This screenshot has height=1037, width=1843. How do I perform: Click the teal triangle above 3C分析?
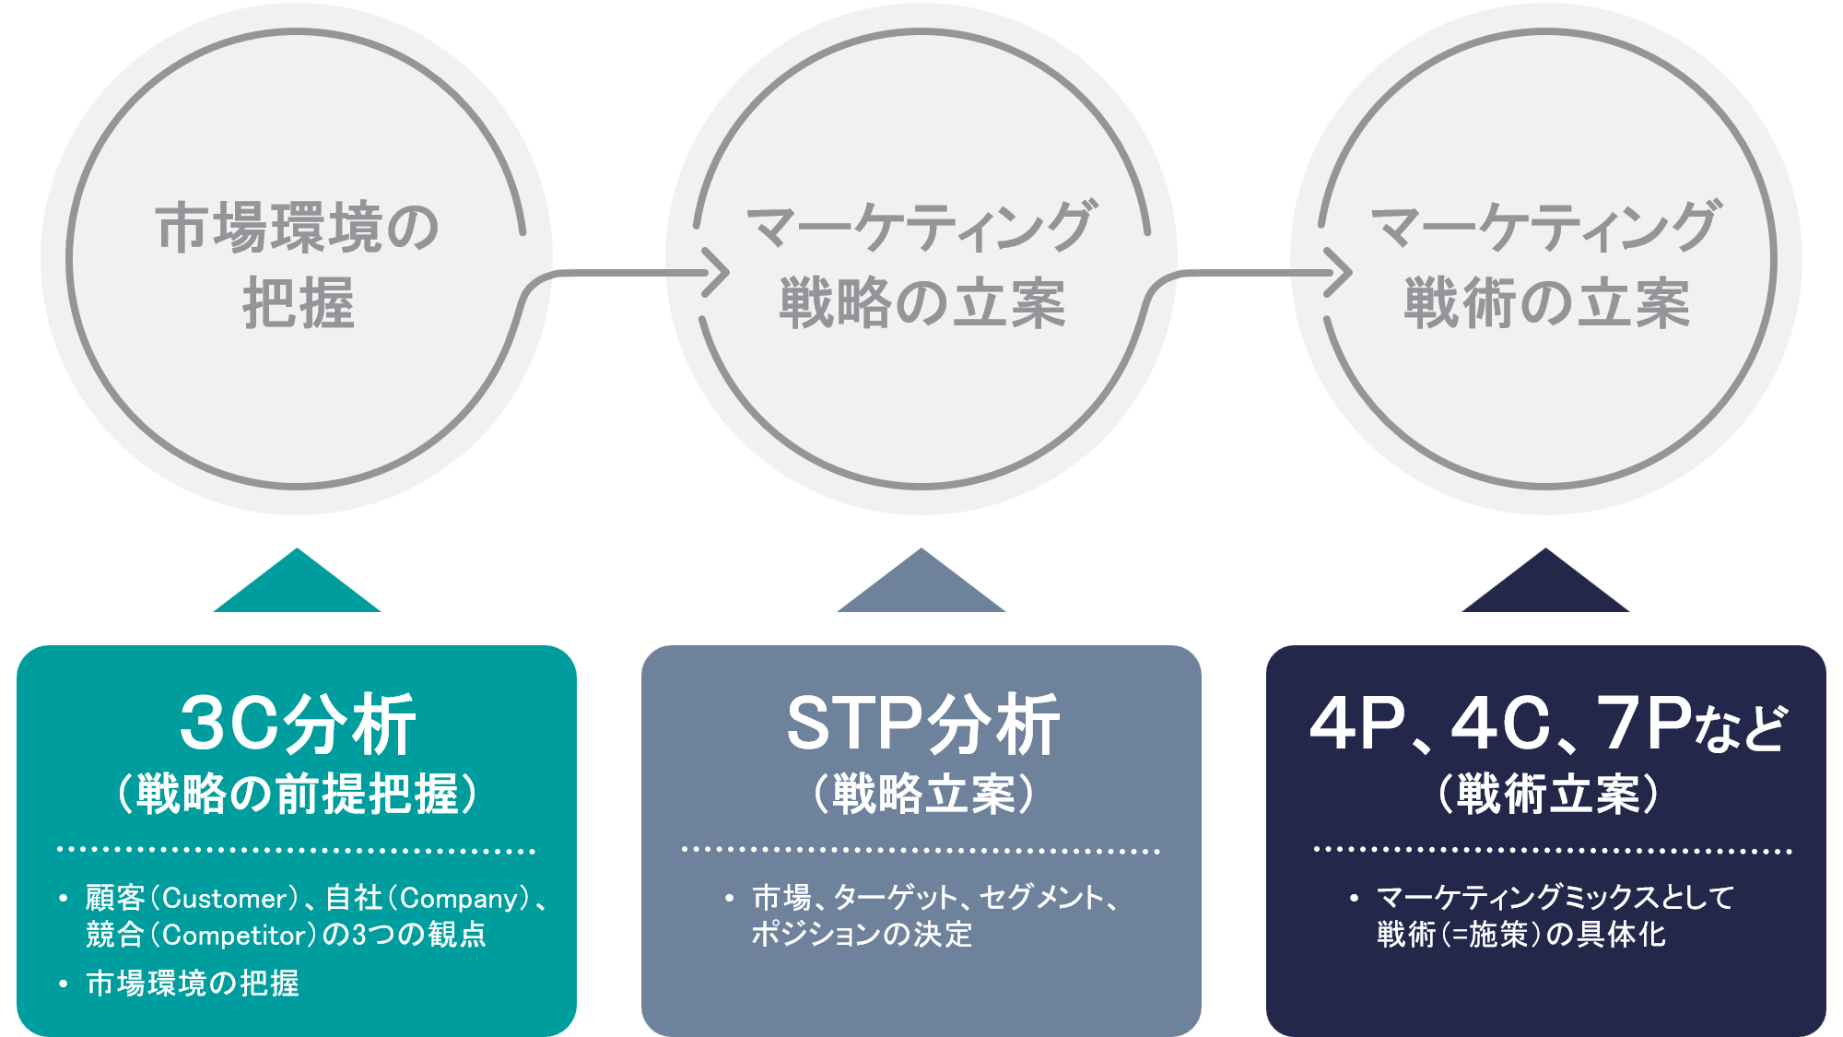pyautogui.click(x=297, y=586)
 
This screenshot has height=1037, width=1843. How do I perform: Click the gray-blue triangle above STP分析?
pyautogui.click(x=921, y=586)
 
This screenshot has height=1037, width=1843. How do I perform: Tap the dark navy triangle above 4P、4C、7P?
pyautogui.click(x=1545, y=586)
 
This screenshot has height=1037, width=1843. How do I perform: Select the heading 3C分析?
pyautogui.click(x=297, y=725)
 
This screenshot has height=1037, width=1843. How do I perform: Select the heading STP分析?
pyautogui.click(x=921, y=725)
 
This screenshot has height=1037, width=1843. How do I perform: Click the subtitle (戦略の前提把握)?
pyautogui.click(x=297, y=794)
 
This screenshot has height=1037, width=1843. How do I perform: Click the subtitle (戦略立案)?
pyautogui.click(x=921, y=794)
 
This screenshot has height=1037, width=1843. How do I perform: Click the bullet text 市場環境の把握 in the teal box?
pyautogui.click(x=193, y=984)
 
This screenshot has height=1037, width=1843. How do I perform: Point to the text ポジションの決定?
pyautogui.click(x=862, y=935)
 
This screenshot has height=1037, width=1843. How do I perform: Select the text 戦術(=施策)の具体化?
pyautogui.click(x=1521, y=935)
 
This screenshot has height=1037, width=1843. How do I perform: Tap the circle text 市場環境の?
pyautogui.click(x=297, y=228)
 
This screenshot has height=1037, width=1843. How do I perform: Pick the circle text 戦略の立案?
pyautogui.click(x=921, y=304)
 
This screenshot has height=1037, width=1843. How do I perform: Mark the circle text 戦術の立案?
pyautogui.click(x=1546, y=304)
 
